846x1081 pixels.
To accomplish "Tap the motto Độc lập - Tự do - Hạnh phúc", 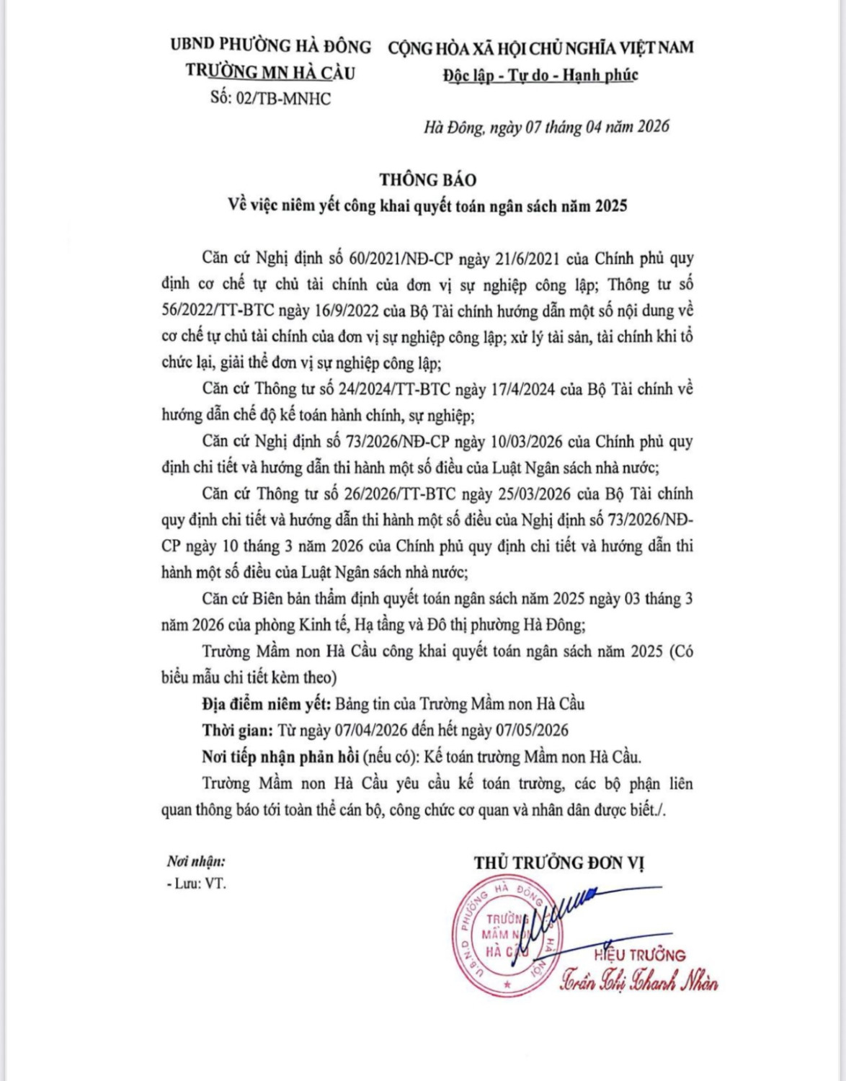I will coord(540,75).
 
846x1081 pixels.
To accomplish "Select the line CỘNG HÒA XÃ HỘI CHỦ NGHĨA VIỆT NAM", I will coord(540,48).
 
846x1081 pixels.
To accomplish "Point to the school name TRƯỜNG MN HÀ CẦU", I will coord(270,71).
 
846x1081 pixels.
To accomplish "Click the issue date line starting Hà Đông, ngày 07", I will coord(546,127).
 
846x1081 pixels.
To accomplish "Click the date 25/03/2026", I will coord(531,494).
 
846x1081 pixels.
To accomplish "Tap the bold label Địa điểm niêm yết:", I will coord(266,704).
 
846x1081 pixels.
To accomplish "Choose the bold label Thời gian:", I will coord(237,730).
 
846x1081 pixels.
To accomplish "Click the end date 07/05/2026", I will coord(532,730).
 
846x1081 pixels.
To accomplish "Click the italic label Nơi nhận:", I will coord(196,861).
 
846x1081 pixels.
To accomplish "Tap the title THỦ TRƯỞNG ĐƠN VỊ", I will coord(559,863).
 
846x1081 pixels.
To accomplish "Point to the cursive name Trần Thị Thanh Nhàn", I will coord(638,982).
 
